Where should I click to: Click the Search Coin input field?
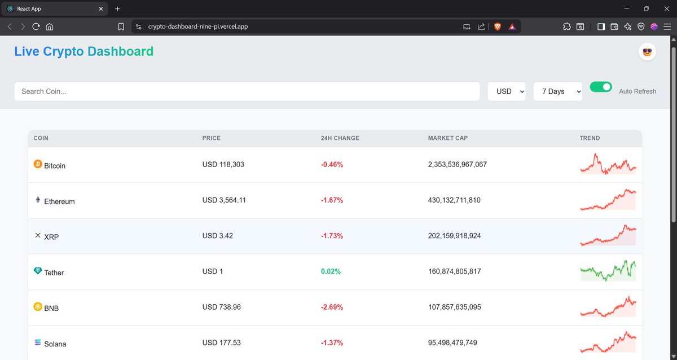[x=247, y=91]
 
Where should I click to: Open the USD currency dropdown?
[x=507, y=91]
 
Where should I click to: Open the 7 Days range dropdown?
[x=557, y=91]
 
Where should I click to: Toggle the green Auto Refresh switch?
[x=601, y=87]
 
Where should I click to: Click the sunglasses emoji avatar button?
[x=647, y=52]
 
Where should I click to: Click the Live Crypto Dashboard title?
[x=83, y=51]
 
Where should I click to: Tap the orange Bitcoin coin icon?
[x=38, y=164]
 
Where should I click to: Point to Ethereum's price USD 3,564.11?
[x=224, y=200]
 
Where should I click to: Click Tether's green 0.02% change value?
[x=331, y=271]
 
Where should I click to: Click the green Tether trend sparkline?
[x=608, y=270]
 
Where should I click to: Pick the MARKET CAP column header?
[x=448, y=138]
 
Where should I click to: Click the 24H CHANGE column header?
[x=340, y=138]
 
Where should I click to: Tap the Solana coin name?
[x=55, y=344]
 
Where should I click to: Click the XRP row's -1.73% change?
[x=332, y=236]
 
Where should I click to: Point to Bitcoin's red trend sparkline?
[x=608, y=164]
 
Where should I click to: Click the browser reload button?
[x=36, y=27]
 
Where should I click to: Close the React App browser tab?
[x=101, y=9]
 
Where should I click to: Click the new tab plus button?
[x=117, y=9]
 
